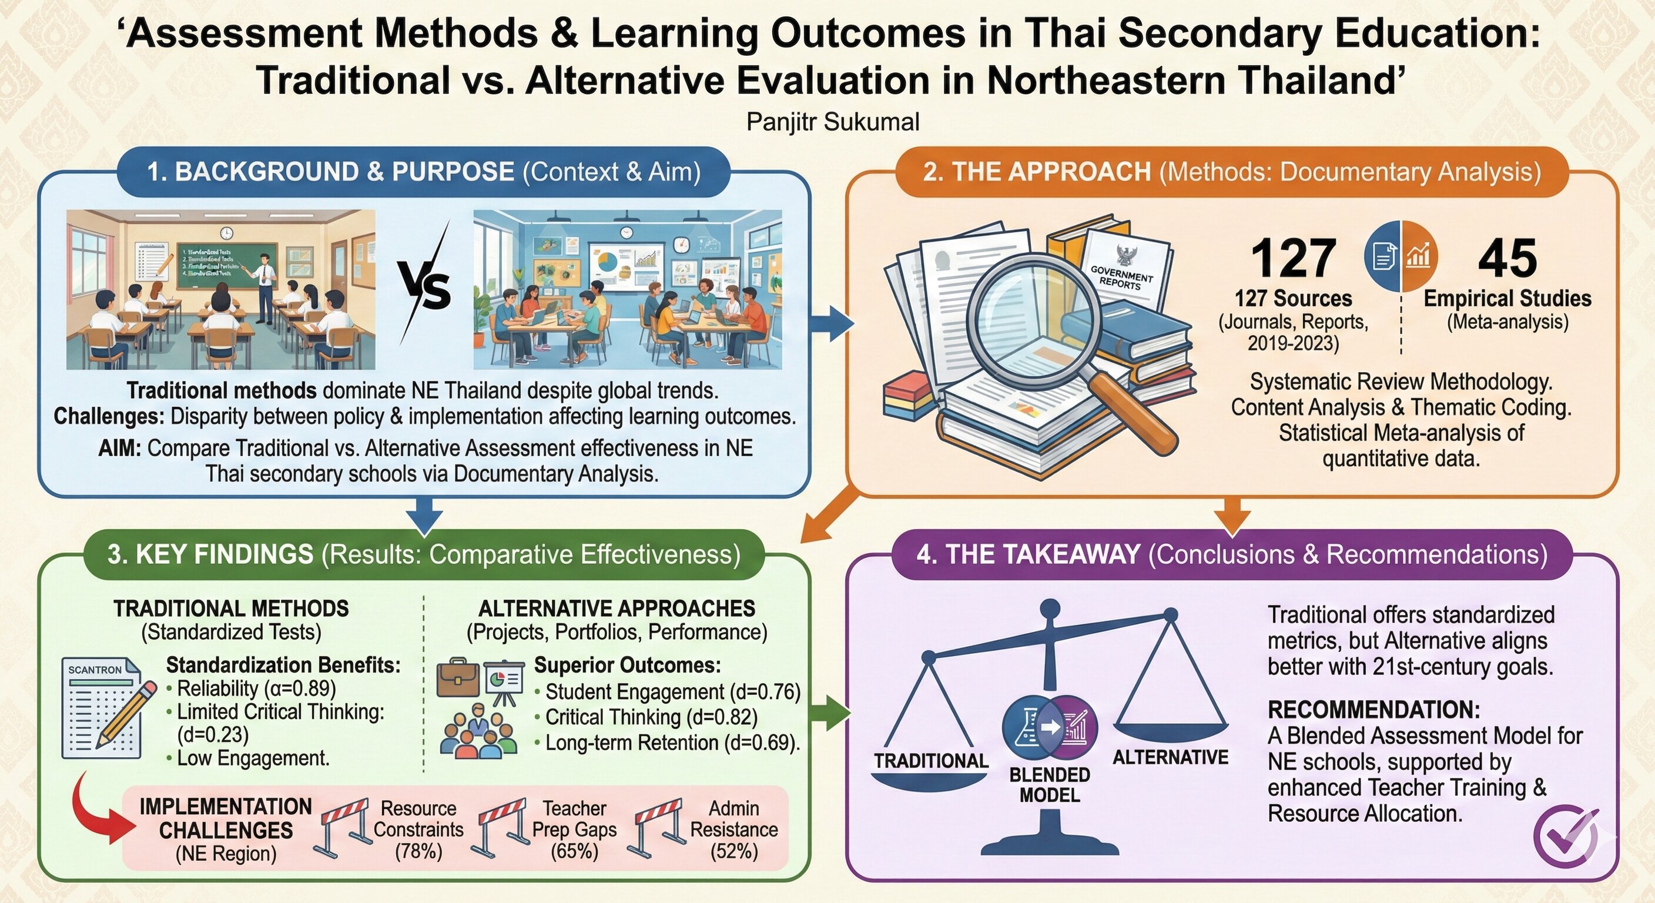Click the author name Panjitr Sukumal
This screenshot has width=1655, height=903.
(833, 122)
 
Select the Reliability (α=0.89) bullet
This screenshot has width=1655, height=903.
(256, 688)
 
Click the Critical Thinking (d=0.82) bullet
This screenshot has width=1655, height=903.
(651, 717)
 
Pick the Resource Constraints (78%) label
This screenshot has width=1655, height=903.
(418, 829)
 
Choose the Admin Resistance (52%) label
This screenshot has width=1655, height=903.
(733, 829)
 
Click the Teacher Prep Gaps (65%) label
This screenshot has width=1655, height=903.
(574, 829)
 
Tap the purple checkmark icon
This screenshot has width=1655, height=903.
(1565, 835)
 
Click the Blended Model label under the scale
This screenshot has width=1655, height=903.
(1049, 785)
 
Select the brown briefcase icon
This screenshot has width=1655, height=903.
(457, 677)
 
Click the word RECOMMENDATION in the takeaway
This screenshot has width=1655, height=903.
(1373, 710)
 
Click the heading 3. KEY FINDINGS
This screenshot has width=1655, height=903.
(210, 554)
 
